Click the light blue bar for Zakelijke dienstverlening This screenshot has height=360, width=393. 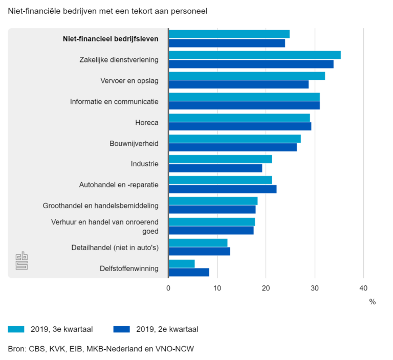coord(254,55)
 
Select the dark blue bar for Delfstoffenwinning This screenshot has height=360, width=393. coord(189,272)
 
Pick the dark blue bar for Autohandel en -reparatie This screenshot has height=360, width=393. coord(223,189)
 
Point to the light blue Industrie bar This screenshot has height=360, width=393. coord(220,159)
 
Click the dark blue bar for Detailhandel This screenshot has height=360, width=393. coord(199,251)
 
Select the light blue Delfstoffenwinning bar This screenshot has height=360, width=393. coord(182,263)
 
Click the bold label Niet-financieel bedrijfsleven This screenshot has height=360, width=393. coord(111,38)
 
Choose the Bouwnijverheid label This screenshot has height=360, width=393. coord(134,143)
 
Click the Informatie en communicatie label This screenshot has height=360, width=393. coord(114,101)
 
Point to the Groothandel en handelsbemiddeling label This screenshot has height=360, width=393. coord(100,206)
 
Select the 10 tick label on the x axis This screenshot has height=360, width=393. coord(217,288)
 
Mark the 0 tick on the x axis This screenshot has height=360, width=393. coord(168,288)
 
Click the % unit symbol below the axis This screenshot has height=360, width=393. coord(372,302)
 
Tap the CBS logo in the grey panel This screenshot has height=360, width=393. coord(21,261)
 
